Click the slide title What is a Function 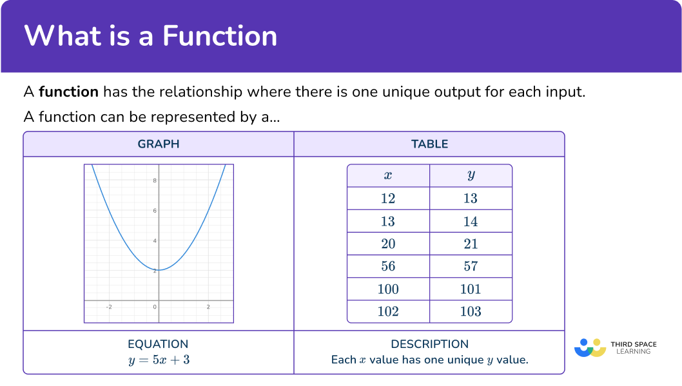151,35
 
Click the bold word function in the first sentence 68,92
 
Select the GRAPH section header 159,144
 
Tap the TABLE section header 429,144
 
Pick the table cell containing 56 388,266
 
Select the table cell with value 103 471,312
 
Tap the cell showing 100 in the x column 388,289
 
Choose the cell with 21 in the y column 471,244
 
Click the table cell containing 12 388,198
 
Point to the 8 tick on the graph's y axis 155,180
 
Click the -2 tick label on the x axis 108,307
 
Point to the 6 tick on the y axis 155,211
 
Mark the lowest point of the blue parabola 159,269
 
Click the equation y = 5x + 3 159,360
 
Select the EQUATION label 159,344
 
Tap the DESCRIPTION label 429,344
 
